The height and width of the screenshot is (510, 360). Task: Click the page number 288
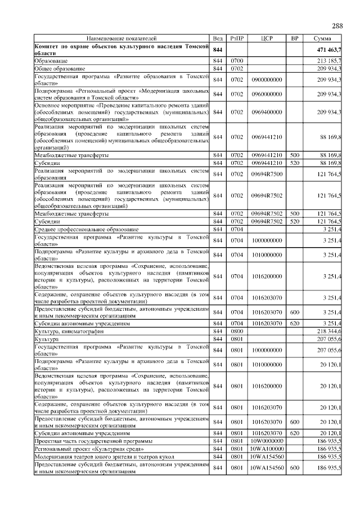tap(337, 26)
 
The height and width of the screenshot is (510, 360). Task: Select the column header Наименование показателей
tap(121, 38)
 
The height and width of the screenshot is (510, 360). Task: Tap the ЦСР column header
tap(267, 38)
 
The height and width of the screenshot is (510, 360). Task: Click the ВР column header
tap(294, 38)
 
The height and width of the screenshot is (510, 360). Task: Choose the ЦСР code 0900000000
tap(267, 80)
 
